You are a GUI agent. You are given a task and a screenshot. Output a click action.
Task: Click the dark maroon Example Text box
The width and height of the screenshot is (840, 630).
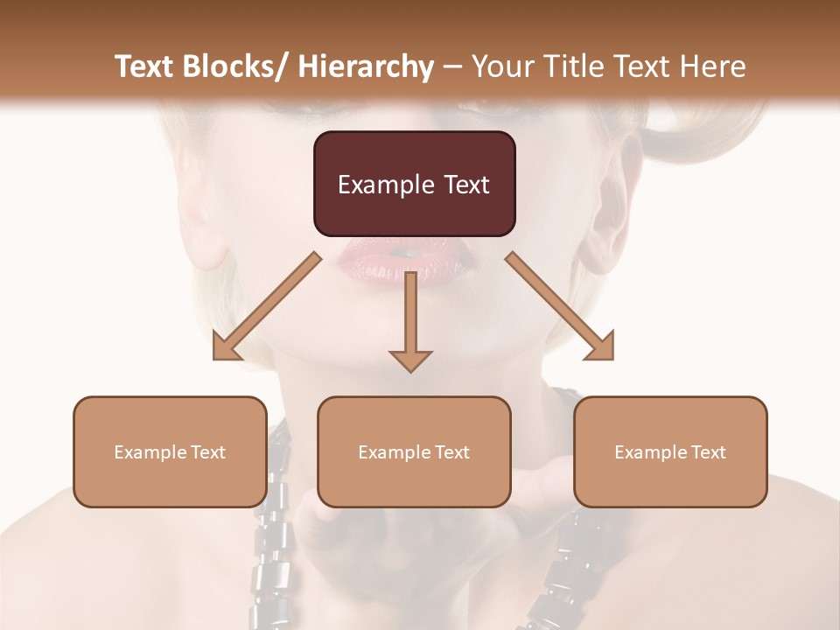point(414,184)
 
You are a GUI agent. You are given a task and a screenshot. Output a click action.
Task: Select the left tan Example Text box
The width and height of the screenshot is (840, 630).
point(170,451)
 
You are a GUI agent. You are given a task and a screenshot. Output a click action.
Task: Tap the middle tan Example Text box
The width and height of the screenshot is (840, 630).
point(414,451)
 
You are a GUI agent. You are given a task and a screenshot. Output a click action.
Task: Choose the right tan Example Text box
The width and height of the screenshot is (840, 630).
point(670,451)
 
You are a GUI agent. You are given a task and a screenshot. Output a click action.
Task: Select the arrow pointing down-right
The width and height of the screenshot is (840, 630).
point(560,306)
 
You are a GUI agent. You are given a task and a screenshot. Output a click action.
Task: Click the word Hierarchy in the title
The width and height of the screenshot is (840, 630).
point(366,66)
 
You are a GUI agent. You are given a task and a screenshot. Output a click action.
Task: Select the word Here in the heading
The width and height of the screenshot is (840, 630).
point(714,66)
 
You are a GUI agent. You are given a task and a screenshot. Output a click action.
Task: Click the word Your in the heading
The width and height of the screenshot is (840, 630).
point(500,66)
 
